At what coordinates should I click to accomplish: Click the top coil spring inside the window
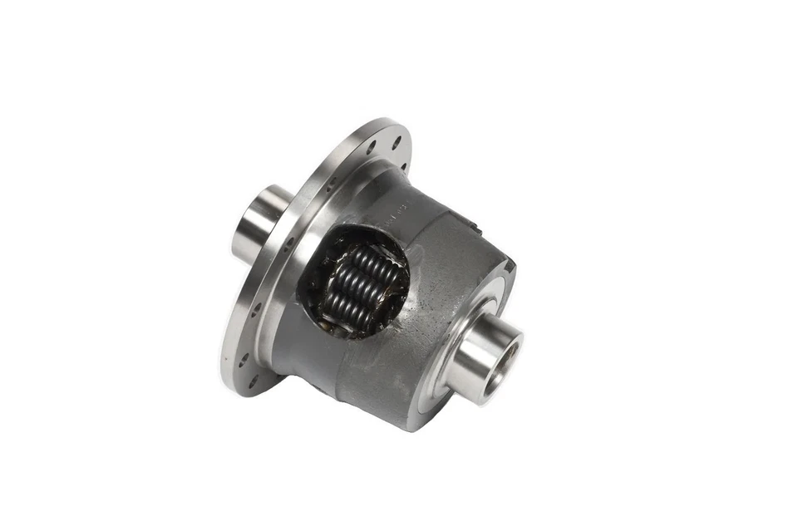click(367, 259)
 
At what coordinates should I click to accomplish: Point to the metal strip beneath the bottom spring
click(349, 331)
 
